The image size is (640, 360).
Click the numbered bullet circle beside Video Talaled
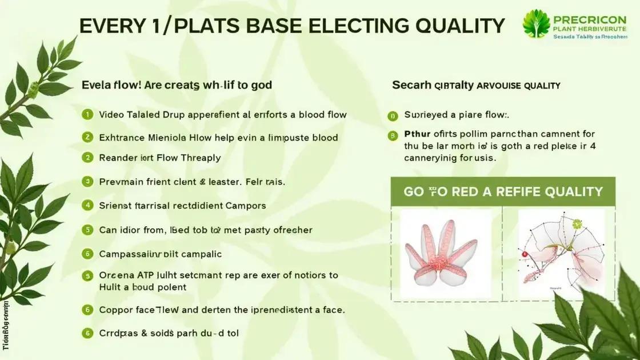point(87,114)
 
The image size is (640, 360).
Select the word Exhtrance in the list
point(122,137)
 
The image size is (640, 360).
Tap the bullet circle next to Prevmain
point(87,182)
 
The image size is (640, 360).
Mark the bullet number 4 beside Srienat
point(87,205)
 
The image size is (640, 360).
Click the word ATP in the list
point(145,275)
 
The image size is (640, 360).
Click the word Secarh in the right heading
point(411,85)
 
